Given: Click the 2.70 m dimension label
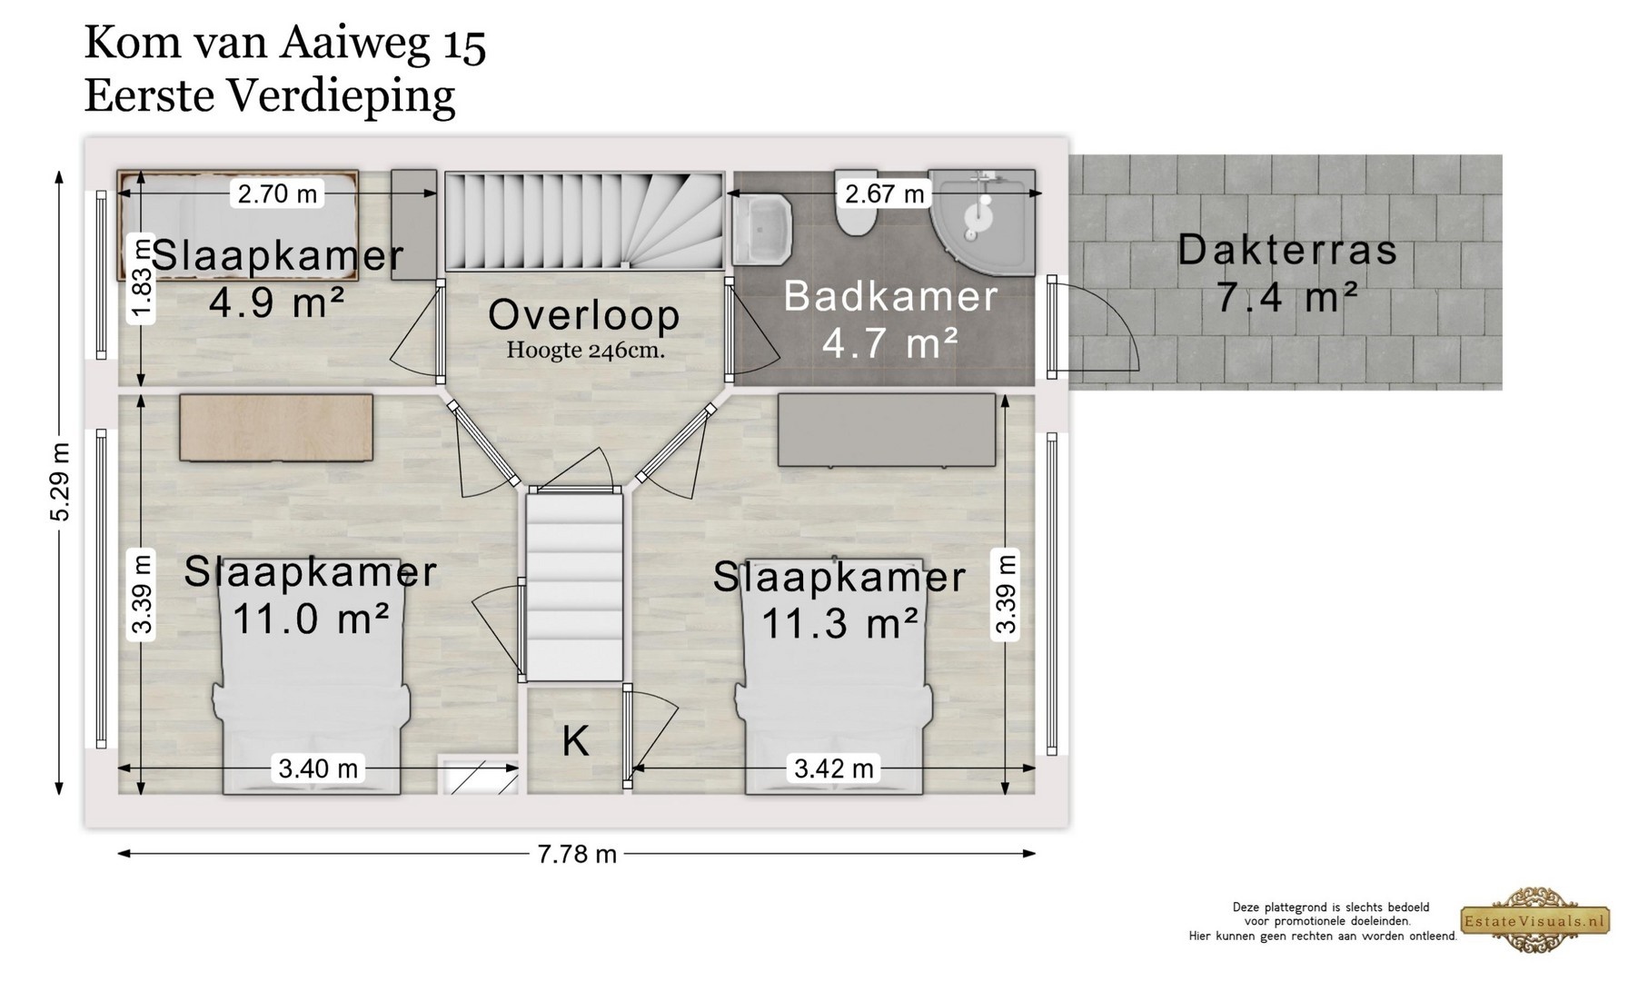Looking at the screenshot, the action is click(277, 193).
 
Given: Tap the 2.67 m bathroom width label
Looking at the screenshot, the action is click(884, 193).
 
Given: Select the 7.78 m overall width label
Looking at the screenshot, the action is click(577, 854).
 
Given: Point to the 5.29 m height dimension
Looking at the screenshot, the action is click(60, 482).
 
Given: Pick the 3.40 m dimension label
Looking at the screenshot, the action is click(318, 768).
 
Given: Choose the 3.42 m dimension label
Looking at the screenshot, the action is click(834, 768).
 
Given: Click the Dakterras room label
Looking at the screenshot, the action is click(1287, 251).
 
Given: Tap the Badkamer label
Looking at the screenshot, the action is click(890, 297).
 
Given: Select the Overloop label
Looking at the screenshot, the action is click(584, 315).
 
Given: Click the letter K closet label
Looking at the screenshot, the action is click(575, 741).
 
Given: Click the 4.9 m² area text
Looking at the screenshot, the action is click(277, 302).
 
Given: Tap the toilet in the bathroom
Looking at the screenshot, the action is click(856, 205).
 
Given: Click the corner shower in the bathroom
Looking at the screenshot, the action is click(982, 222).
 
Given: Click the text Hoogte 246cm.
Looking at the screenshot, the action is click(586, 350).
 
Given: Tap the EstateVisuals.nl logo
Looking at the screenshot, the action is click(1534, 920).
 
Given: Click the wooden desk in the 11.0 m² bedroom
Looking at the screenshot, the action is click(276, 427).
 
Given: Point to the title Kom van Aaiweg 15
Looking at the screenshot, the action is click(285, 45).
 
